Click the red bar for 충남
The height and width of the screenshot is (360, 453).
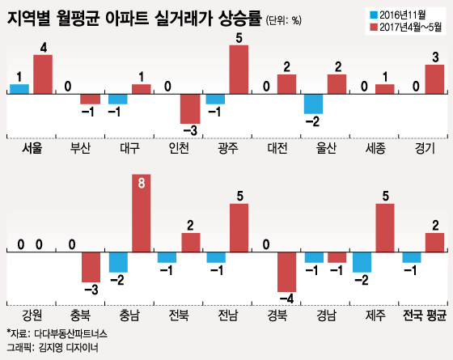pyautogui.click(x=142, y=214)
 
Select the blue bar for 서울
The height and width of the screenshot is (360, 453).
pyautogui.click(x=19, y=89)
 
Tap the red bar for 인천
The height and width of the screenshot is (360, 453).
pyautogui.click(x=190, y=109)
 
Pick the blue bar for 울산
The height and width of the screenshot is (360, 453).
pyautogui.click(x=314, y=104)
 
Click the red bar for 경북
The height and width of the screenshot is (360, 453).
pyautogui.click(x=287, y=272)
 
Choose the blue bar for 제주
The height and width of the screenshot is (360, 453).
pyautogui.click(x=362, y=262)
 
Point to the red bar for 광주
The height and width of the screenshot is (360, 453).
pyautogui.click(x=239, y=70)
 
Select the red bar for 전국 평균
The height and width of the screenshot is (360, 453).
pyautogui.click(x=434, y=243)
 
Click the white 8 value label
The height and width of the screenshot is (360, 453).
pyautogui.click(x=142, y=183)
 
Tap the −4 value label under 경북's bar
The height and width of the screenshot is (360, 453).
pyautogui.click(x=286, y=299)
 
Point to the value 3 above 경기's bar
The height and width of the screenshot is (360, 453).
pyautogui.click(x=435, y=57)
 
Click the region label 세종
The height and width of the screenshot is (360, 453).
pyautogui.click(x=375, y=148)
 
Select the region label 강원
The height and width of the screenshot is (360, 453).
pyautogui.click(x=32, y=315)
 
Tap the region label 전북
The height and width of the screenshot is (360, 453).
pyautogui.click(x=179, y=315)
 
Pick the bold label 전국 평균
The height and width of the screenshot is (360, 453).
pyautogui.click(x=425, y=315)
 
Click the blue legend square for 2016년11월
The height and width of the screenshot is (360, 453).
pyautogui.click(x=374, y=15)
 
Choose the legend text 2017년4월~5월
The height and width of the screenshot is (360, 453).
pyautogui.click(x=411, y=28)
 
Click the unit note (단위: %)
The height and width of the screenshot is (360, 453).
pyautogui.click(x=283, y=20)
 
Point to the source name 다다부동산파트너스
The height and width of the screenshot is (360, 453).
pyautogui.click(x=71, y=334)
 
